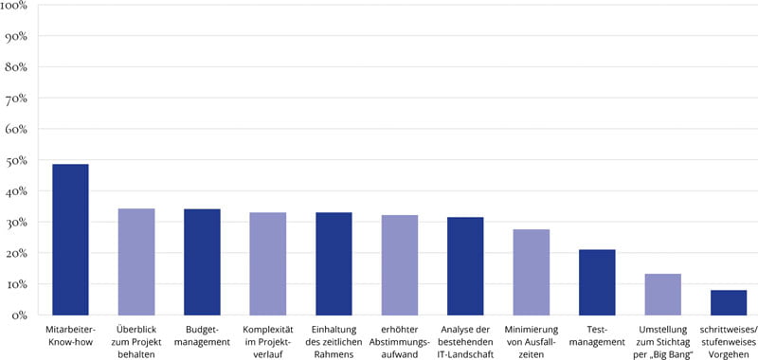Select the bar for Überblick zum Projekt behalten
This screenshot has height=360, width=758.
tap(135, 261)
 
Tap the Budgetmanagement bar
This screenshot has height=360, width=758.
tap(202, 261)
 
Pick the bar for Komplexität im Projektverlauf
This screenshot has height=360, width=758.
tap(267, 263)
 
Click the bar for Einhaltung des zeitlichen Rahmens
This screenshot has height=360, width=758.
tap(334, 263)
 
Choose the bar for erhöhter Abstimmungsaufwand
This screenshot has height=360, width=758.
tap(399, 264)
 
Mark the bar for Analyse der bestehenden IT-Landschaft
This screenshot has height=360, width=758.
tap(465, 265)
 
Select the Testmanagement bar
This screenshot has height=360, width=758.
tap(597, 281)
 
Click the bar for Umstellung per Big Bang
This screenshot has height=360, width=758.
tap(662, 294)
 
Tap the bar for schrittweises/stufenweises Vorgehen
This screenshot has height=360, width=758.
tap(729, 302)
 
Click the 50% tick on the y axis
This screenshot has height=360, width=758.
tap(20, 161)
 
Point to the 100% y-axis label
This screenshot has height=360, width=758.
tap(18, 7)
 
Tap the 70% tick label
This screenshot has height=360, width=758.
tap(20, 99)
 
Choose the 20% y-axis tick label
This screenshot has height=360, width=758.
tap(20, 253)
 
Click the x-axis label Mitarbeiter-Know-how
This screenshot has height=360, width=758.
tap(70, 333)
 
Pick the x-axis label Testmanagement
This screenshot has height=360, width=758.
tap(597, 333)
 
